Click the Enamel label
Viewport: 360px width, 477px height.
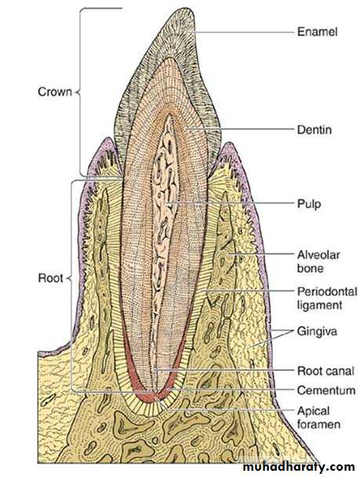317,31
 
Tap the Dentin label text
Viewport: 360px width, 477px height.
315,130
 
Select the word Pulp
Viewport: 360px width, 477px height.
309,204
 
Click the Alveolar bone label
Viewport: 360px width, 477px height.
318,261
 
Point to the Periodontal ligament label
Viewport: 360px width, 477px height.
327,298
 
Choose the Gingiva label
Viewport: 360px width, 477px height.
317,331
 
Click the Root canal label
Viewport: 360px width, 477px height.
325,371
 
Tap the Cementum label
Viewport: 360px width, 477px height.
326,390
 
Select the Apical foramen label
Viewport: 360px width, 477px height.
318,417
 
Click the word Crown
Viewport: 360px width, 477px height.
55,92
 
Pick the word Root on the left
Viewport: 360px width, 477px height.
50,278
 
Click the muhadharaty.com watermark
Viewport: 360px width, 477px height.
299,466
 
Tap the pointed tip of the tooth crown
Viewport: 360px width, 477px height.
186,9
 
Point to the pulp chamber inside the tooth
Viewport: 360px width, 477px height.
165,201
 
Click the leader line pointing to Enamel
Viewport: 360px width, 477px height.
243,32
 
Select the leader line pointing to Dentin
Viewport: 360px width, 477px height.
240,129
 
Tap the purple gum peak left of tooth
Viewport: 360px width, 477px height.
107,140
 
